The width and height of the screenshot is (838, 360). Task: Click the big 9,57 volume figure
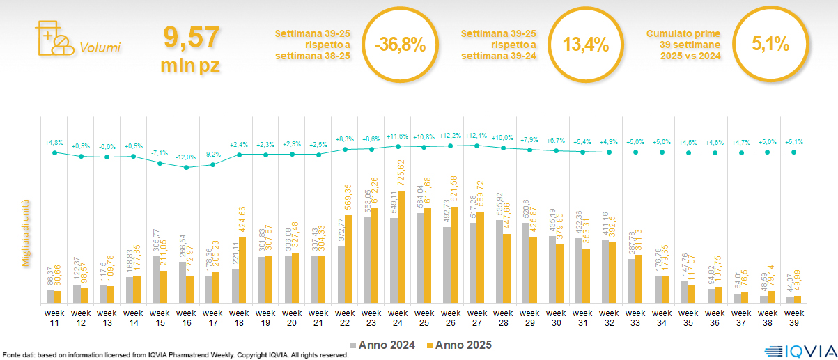tap(191, 36)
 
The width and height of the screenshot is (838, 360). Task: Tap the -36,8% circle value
tap(399, 45)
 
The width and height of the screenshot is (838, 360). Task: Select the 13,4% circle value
tap(586, 45)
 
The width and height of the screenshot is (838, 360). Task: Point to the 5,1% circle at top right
tap(770, 45)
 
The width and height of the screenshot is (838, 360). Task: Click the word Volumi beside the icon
tap(100, 48)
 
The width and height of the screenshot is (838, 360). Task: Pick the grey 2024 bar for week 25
tap(420, 258)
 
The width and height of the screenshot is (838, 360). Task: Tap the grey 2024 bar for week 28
tap(499, 261)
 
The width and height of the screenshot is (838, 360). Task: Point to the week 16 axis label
tap(186, 318)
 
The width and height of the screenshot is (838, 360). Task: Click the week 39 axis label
tap(793, 318)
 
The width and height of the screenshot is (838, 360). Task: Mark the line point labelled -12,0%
tap(186, 167)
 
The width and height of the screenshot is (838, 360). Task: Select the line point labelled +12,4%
tap(476, 146)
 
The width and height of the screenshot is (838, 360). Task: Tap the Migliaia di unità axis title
tap(26, 230)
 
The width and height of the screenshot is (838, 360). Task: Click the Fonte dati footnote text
tap(174, 355)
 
